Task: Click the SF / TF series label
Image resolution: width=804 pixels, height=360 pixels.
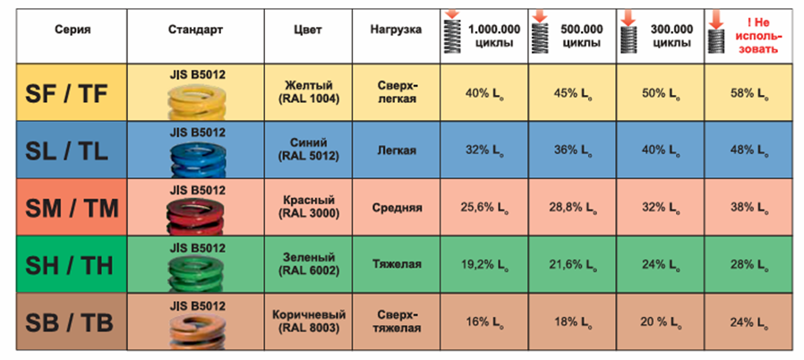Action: point(67,93)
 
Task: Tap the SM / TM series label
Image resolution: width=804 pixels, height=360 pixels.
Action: point(72,208)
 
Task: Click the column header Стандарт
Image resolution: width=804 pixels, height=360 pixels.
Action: point(195,30)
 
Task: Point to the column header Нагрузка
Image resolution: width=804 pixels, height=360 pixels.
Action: point(396,30)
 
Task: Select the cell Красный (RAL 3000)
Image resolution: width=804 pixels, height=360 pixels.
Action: point(308,207)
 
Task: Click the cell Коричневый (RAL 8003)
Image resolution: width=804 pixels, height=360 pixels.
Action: point(308,321)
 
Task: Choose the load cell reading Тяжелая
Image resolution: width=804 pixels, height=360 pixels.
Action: point(397,264)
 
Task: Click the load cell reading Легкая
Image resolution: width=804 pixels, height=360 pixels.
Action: point(397,150)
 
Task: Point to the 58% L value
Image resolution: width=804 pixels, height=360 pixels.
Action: point(749,94)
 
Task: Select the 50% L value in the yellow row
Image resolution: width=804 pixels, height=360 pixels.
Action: point(661,94)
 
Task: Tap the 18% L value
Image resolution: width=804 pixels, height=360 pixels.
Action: point(573,322)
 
